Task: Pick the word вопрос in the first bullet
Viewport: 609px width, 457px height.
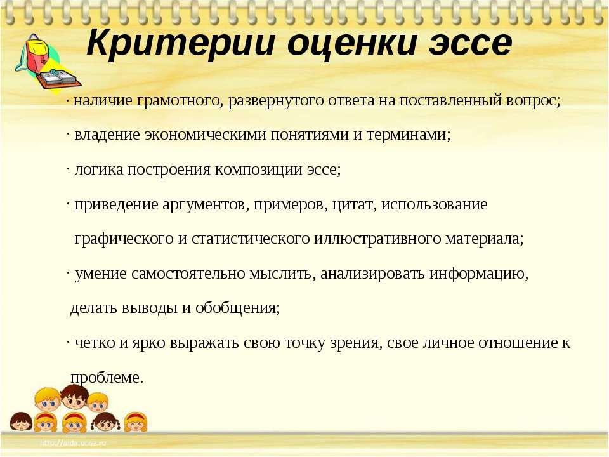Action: click(534, 101)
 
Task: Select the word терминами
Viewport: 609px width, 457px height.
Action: click(408, 135)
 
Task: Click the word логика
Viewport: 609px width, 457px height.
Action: click(99, 169)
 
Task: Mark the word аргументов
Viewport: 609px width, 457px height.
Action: click(206, 204)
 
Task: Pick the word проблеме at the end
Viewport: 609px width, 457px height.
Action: click(107, 378)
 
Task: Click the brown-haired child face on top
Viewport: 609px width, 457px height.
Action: click(75, 397)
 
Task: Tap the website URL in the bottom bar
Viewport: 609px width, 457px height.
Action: click(73, 442)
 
